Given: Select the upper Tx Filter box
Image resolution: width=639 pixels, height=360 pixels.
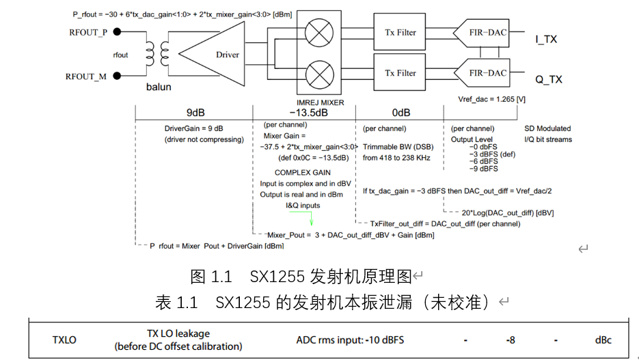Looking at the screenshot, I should [x=400, y=32].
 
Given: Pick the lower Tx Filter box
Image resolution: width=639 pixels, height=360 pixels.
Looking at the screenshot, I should [x=400, y=73].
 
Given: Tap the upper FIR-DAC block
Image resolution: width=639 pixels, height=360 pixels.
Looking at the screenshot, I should [x=488, y=32].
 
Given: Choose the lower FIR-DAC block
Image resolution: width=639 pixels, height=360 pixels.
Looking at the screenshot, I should [x=488, y=73].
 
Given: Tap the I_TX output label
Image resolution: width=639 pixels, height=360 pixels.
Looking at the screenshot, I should [x=546, y=40].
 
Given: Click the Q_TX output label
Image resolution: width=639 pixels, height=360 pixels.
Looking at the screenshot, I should [x=548, y=80].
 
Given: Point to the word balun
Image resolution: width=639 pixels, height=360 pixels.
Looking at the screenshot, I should [x=159, y=87].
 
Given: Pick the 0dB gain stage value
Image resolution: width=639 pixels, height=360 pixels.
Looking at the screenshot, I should [x=402, y=113].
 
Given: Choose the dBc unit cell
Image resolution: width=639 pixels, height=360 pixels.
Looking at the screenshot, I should [x=603, y=340].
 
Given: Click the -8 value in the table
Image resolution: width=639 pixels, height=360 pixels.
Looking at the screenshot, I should [x=510, y=340].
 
